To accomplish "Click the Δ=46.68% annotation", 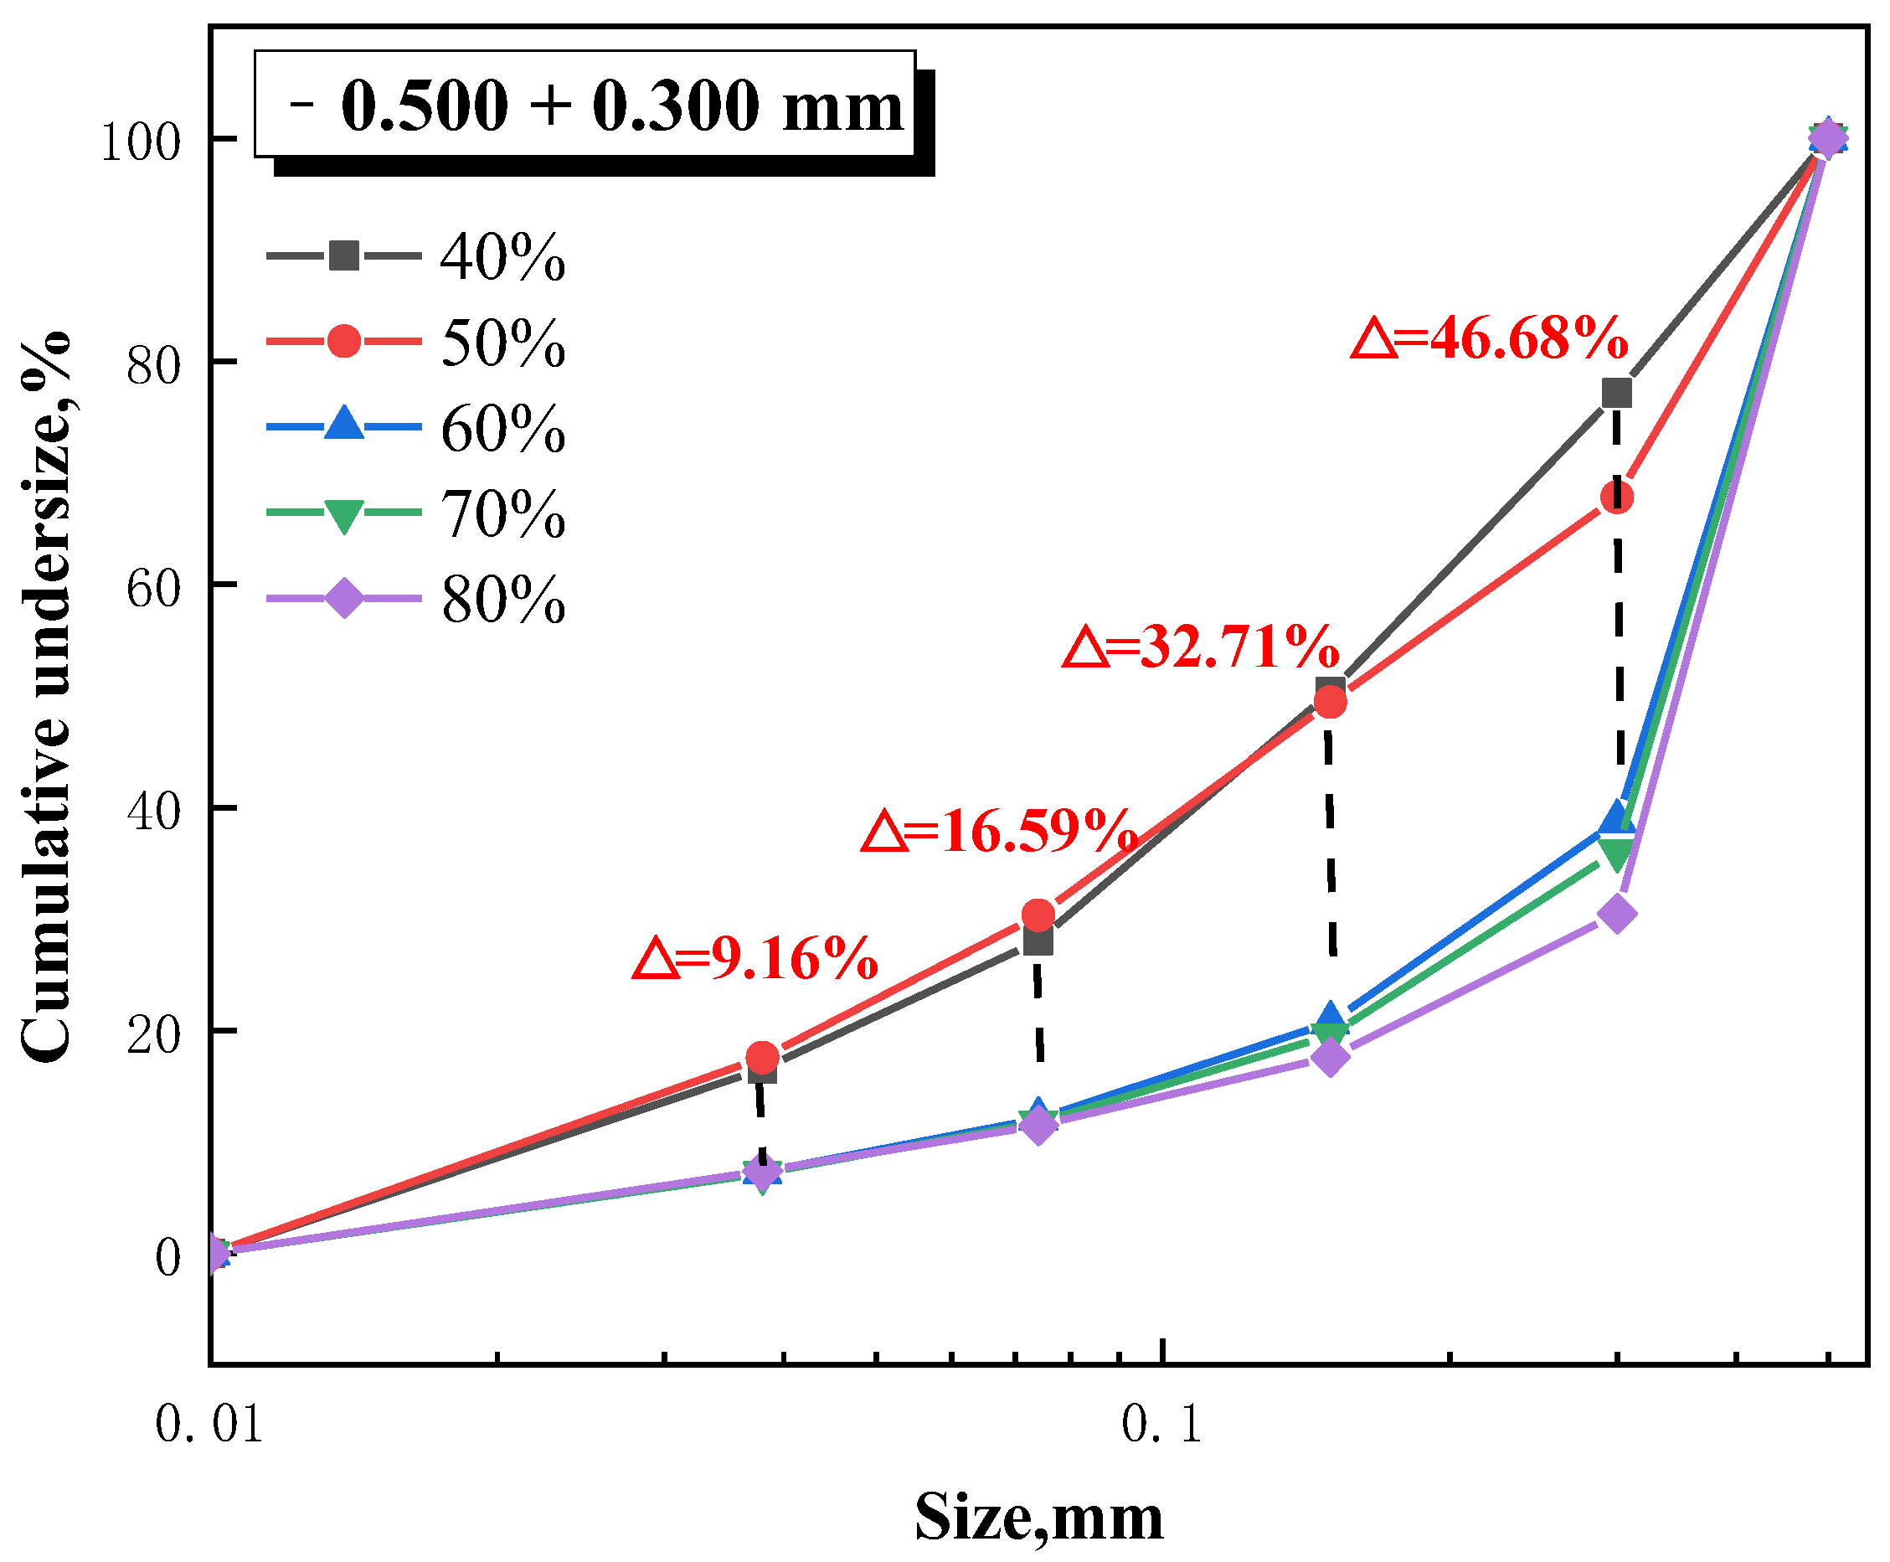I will point(1489,339).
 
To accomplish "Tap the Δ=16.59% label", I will point(998,832).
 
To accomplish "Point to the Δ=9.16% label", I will point(755,959).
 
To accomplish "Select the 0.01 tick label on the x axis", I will point(209,1425).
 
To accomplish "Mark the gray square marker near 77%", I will point(1615,393).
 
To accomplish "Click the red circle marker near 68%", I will point(1615,497).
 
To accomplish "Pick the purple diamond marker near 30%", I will point(1615,914).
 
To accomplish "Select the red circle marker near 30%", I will point(1038,916).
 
